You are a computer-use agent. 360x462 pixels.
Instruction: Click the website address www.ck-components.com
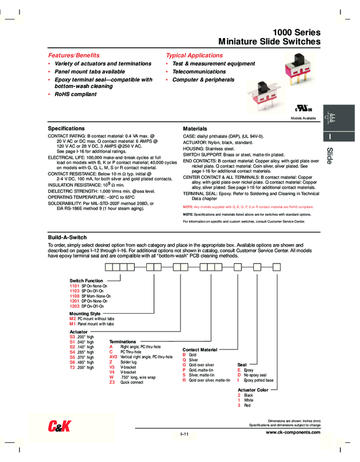click(293, 432)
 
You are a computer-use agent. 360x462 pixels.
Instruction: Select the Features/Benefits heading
click(74, 55)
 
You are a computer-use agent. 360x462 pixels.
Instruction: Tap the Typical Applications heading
click(194, 55)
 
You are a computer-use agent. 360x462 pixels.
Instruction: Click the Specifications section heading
click(66, 128)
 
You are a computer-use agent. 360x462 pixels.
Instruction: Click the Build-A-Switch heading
click(67, 238)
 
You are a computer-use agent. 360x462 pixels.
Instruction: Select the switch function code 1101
click(75, 285)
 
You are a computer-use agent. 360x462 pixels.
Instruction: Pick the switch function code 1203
click(75, 306)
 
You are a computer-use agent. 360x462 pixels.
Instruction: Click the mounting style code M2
click(73, 319)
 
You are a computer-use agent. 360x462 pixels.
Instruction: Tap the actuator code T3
click(72, 367)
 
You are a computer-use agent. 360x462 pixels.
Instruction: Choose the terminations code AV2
click(114, 357)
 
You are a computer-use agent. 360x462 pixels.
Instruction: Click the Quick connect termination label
click(132, 382)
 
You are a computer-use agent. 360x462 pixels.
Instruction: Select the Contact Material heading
click(200, 349)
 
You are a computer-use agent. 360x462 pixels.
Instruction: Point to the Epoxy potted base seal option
click(259, 380)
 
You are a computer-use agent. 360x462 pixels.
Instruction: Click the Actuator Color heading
click(253, 390)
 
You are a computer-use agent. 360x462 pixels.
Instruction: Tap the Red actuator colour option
click(247, 405)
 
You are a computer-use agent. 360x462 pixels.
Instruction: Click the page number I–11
click(184, 434)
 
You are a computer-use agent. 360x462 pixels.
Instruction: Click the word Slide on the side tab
click(330, 156)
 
